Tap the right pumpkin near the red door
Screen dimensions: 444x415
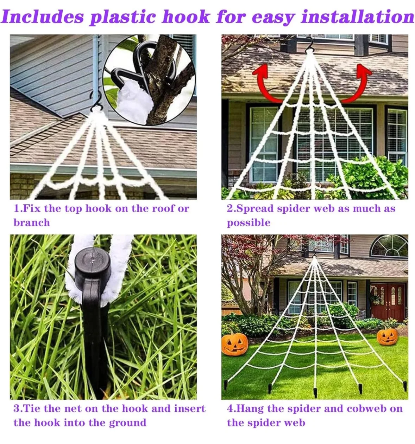[x=387, y=336]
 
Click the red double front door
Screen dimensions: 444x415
[x=388, y=301]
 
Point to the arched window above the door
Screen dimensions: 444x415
[x=389, y=246]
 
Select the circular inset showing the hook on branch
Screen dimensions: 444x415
[x=149, y=79]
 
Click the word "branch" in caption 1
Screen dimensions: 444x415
[x=32, y=223]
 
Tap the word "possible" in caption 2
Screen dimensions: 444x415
[x=249, y=223]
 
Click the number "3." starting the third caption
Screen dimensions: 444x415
[x=18, y=408]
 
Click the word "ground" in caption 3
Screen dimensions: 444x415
[x=127, y=423]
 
